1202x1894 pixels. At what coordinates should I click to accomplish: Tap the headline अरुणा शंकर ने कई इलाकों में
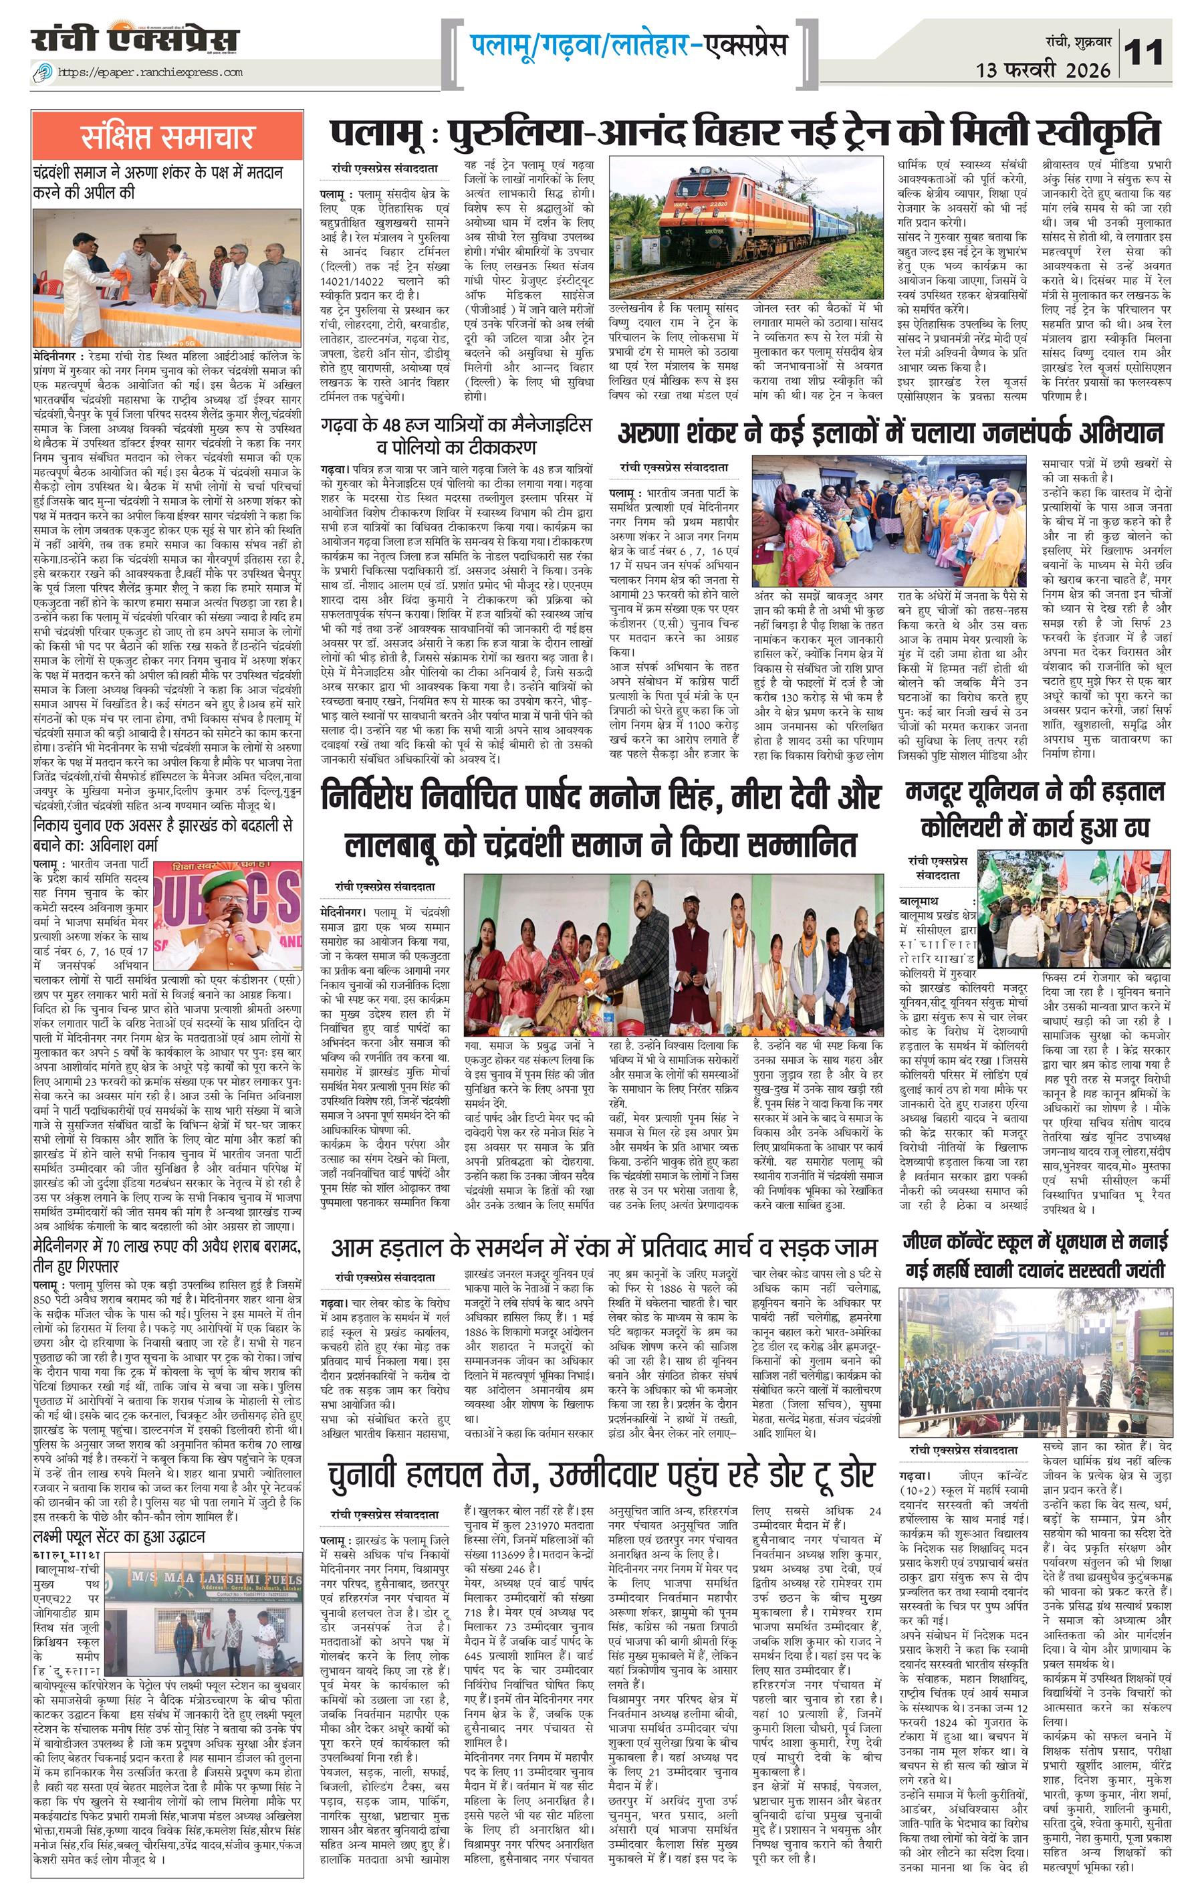(890, 433)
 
